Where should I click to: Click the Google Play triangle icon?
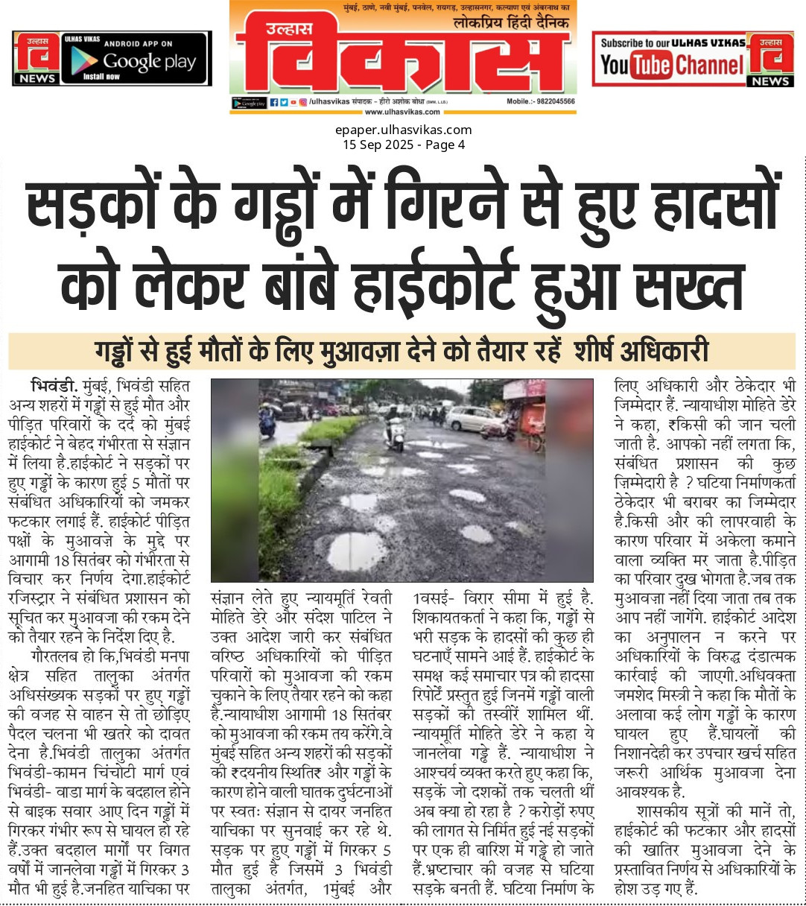click(x=84, y=63)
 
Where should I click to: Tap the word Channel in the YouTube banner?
click(x=711, y=66)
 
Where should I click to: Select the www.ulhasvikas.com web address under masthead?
click(x=402, y=113)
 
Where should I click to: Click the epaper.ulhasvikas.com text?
click(x=403, y=130)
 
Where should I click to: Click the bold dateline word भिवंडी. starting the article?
click(x=54, y=386)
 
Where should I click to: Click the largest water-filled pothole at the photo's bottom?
click(x=357, y=551)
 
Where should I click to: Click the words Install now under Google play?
click(x=101, y=77)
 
